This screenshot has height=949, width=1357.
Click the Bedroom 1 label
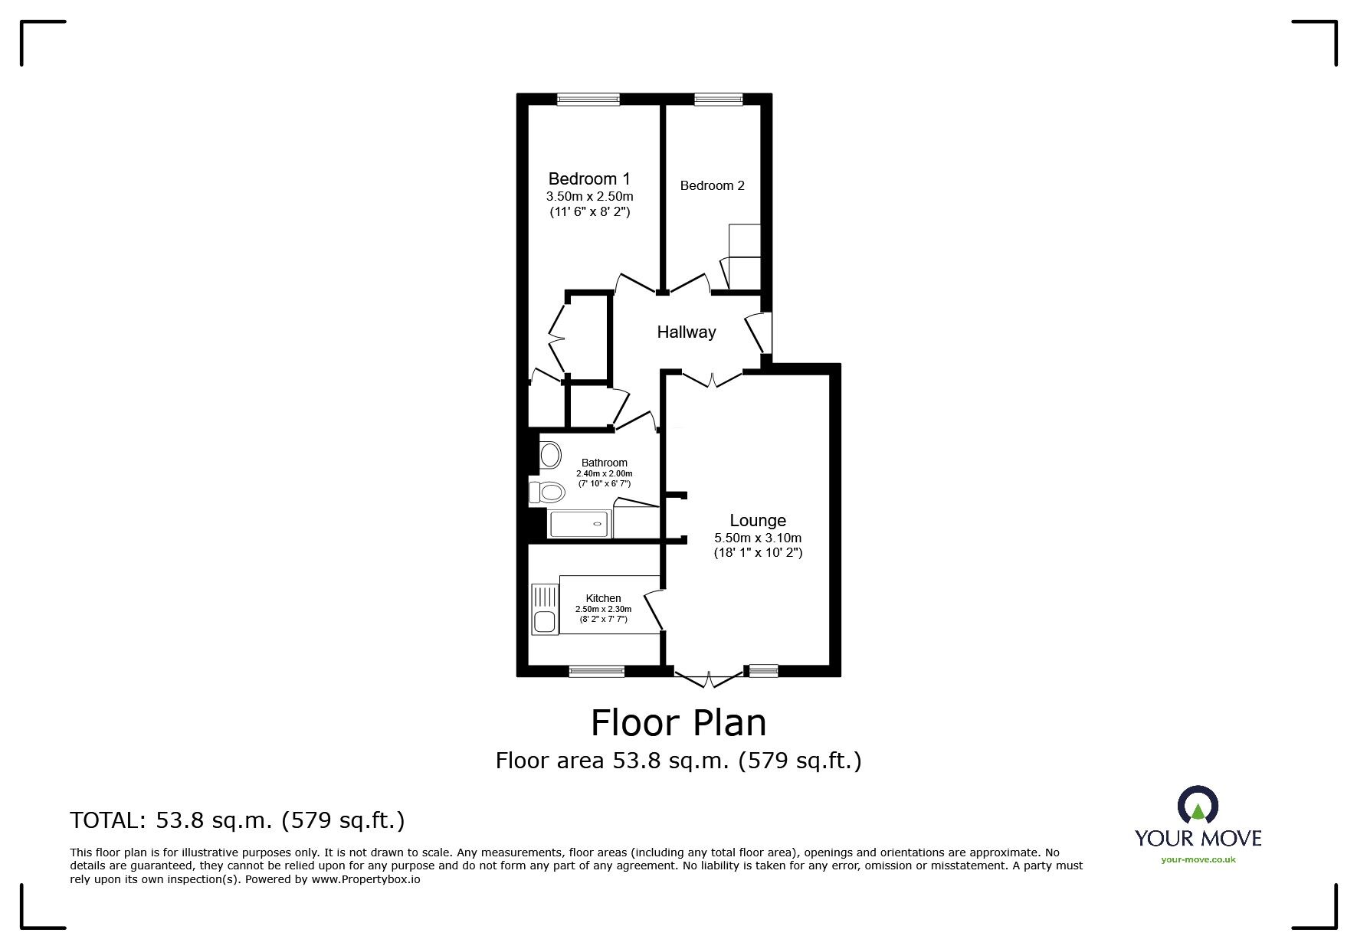(x=589, y=179)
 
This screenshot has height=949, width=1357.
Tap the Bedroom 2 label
(x=712, y=185)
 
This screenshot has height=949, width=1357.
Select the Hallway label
(x=686, y=332)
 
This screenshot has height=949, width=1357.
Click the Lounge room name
(x=757, y=521)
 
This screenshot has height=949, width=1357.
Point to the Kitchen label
(x=603, y=598)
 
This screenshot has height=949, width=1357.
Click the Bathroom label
(x=604, y=463)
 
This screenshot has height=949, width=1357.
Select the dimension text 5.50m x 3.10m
(x=757, y=538)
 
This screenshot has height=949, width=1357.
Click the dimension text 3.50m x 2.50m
(x=589, y=197)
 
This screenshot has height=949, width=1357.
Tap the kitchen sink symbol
(x=545, y=622)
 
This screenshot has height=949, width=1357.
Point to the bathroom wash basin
(x=549, y=456)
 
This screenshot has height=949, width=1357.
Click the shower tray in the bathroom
(x=580, y=524)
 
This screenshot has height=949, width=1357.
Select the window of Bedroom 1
(x=588, y=98)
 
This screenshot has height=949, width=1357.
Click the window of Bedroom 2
(x=718, y=98)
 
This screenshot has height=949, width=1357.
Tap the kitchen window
(x=596, y=672)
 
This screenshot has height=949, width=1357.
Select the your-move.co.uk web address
(x=1198, y=859)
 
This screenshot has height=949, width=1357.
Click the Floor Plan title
(x=678, y=722)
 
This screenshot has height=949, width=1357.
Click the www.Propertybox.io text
(x=365, y=879)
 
